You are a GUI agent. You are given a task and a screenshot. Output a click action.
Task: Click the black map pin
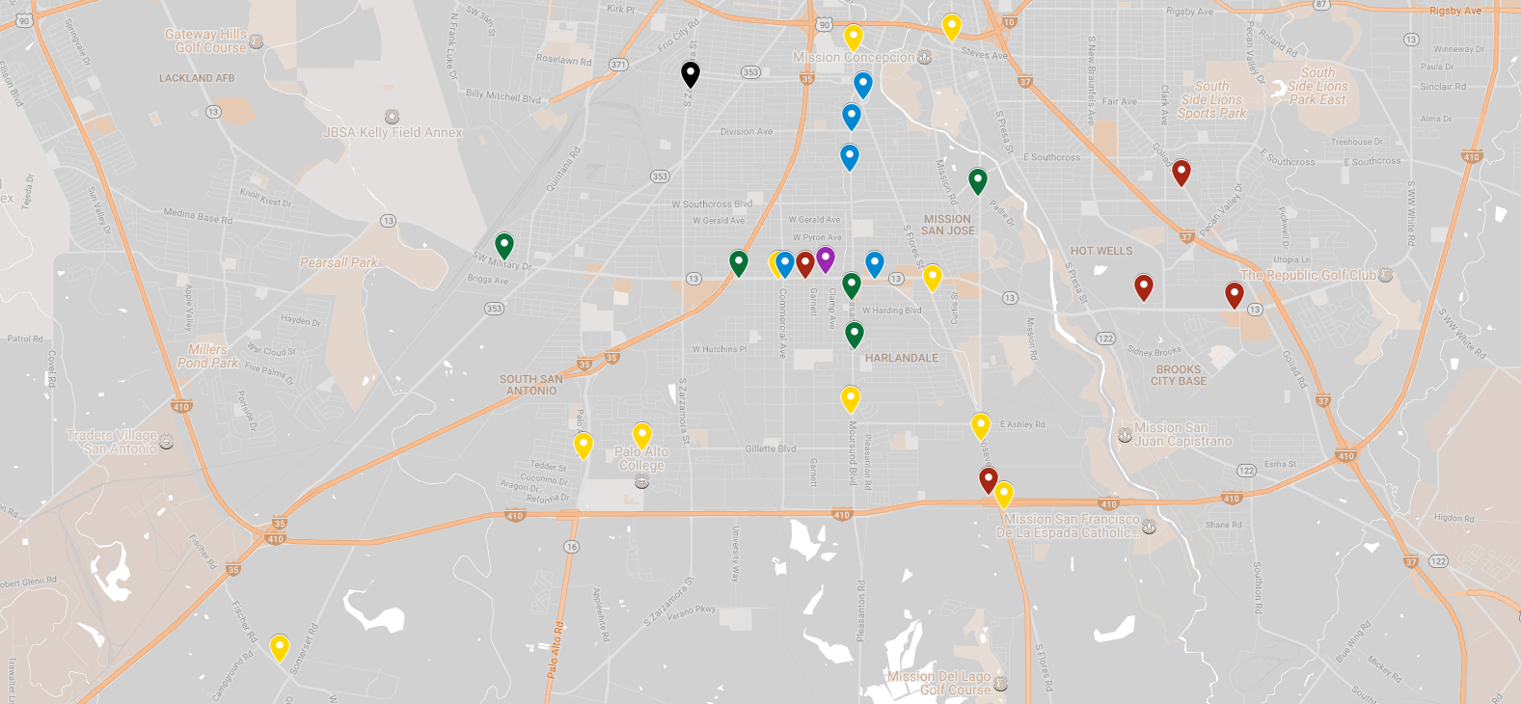coord(690,73)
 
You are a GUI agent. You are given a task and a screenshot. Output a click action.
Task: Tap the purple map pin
coord(825,258)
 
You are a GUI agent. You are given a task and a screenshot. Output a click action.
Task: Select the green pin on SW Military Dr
coord(503,245)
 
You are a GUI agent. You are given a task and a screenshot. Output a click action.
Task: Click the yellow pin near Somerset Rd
coord(279,646)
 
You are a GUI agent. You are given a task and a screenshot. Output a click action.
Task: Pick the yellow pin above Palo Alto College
coord(641,435)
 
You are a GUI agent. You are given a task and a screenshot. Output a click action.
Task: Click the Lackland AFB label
coord(197,78)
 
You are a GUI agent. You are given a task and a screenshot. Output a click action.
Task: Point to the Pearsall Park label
coord(339,262)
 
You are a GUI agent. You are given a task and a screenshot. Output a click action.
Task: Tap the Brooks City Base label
coord(1179,375)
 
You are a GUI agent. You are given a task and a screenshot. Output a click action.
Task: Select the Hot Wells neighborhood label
coord(1101,251)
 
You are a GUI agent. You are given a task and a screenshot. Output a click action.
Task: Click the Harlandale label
coord(901,358)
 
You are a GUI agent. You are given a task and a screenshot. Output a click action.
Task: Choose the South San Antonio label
coord(531,385)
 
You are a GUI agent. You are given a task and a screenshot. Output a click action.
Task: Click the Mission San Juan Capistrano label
coord(1182,435)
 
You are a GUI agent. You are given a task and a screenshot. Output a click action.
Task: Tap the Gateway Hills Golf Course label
coord(205,41)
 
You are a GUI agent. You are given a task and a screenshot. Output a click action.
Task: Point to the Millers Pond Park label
coord(207,356)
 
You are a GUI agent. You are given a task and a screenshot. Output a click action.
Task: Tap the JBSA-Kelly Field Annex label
coord(393,132)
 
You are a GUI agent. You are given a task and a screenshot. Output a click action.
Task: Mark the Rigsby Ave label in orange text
coord(1454,12)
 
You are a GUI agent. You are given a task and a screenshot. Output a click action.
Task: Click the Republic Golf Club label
coord(1309,275)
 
